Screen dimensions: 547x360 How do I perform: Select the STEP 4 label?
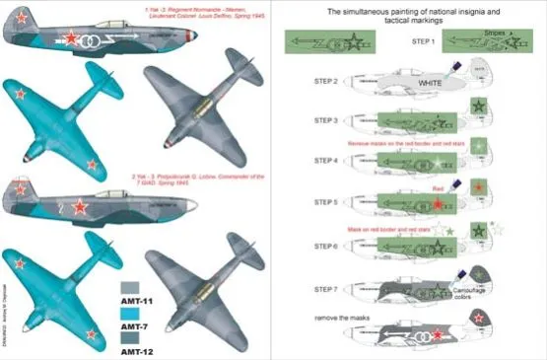coord(328,160)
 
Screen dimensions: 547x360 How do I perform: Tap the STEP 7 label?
coord(328,288)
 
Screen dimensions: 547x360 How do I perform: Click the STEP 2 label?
coord(328,81)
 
